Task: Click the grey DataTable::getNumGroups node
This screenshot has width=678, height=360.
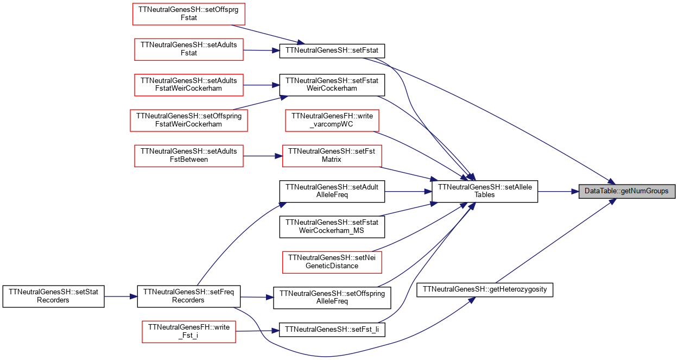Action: pos(626,191)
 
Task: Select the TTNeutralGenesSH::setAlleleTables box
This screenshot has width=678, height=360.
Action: pos(485,191)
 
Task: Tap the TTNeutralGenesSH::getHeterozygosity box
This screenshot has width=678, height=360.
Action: pos(485,290)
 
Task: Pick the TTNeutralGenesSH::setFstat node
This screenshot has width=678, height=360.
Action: pos(332,51)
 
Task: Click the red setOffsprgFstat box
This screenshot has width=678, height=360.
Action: pos(188,14)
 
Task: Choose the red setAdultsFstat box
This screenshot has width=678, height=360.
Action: pos(188,49)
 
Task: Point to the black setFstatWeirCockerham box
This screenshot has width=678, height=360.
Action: pos(332,85)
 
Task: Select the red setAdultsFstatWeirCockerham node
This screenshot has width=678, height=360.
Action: pos(188,85)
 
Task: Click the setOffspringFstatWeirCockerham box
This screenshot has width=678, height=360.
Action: pos(188,121)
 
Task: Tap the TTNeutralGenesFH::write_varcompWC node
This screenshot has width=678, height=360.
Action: pos(332,121)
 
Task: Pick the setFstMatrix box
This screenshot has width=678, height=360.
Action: pos(332,156)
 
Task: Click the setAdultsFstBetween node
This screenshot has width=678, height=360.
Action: pos(188,156)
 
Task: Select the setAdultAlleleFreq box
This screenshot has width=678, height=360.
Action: pos(332,191)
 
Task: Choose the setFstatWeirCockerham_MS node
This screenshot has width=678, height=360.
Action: pos(332,227)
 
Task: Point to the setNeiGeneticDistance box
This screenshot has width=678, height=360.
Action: pos(332,262)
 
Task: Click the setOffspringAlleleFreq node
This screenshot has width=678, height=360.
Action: pos(332,298)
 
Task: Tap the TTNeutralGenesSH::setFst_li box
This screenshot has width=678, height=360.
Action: pos(332,330)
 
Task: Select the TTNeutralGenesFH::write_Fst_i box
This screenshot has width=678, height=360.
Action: pos(188,332)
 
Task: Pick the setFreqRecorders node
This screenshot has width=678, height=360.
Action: pos(188,296)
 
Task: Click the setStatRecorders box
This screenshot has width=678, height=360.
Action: pos(54,296)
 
